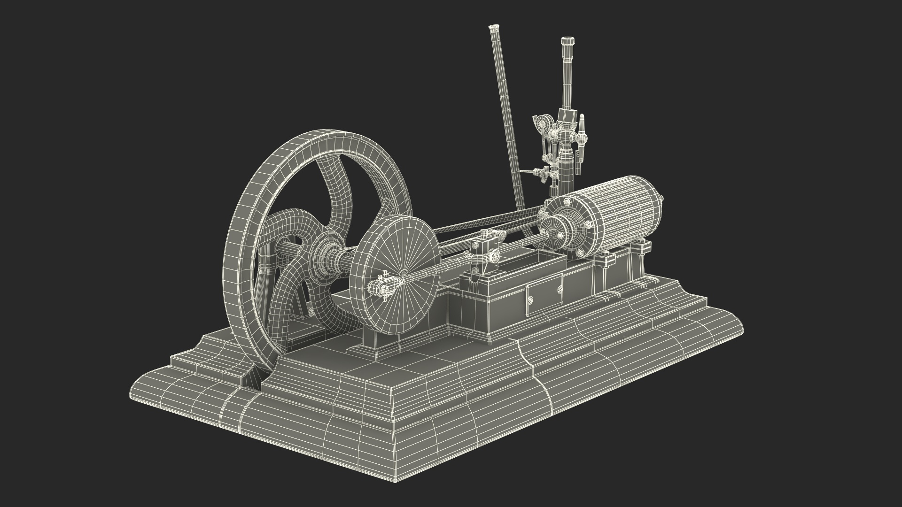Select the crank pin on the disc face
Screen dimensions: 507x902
tap(381, 287)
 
